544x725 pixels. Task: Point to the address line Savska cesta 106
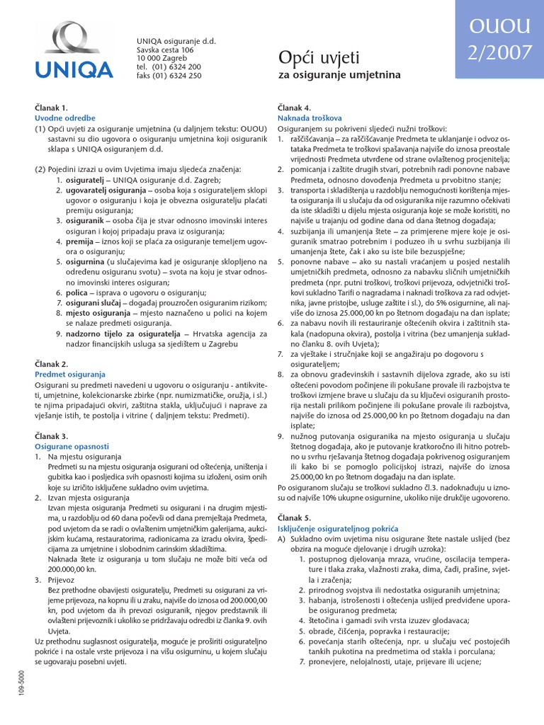click(x=165, y=50)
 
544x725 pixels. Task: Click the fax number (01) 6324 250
click(x=178, y=76)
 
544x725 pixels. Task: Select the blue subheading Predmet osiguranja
click(x=70, y=374)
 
